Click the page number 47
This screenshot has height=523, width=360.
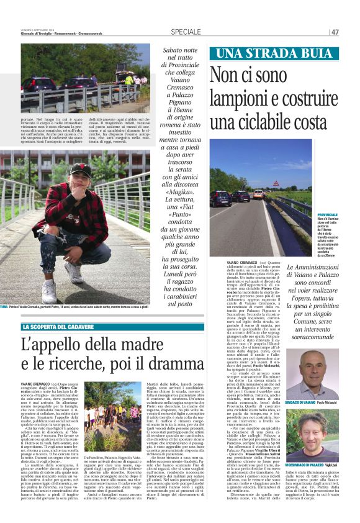click(335, 32)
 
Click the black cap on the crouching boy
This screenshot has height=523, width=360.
click(80, 168)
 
